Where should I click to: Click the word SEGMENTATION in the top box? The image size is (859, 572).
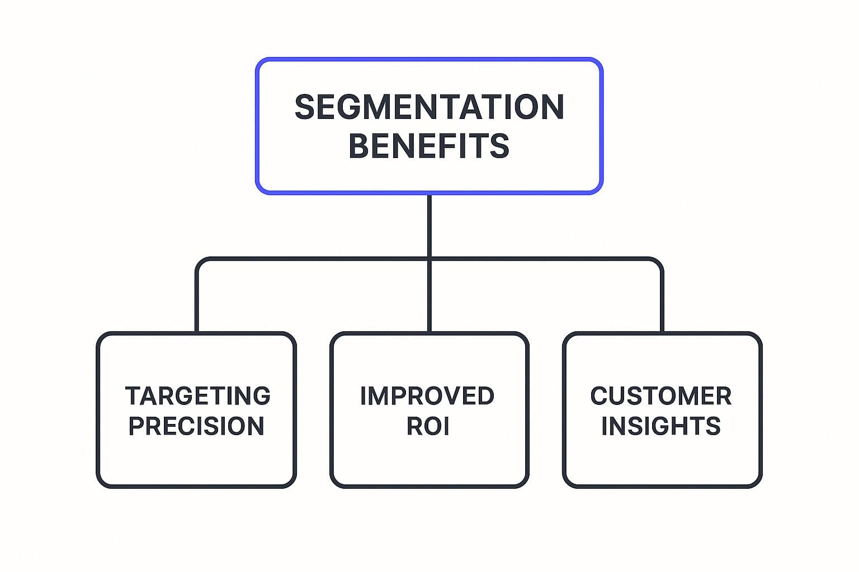tap(429, 107)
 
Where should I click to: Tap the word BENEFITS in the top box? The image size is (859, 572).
tap(429, 146)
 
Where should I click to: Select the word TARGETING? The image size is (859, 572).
tap(197, 396)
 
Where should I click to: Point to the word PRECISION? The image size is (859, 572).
tap(196, 426)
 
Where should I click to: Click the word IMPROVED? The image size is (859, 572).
tap(427, 396)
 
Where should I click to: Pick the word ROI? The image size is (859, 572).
tap(428, 426)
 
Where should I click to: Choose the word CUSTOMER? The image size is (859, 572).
tap(660, 396)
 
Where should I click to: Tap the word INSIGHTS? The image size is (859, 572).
tap(660, 426)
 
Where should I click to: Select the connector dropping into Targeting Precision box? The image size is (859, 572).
tap(197, 302)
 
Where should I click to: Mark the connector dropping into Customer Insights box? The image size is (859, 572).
tap(662, 302)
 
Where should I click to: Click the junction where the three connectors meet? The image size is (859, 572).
tap(429, 259)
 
